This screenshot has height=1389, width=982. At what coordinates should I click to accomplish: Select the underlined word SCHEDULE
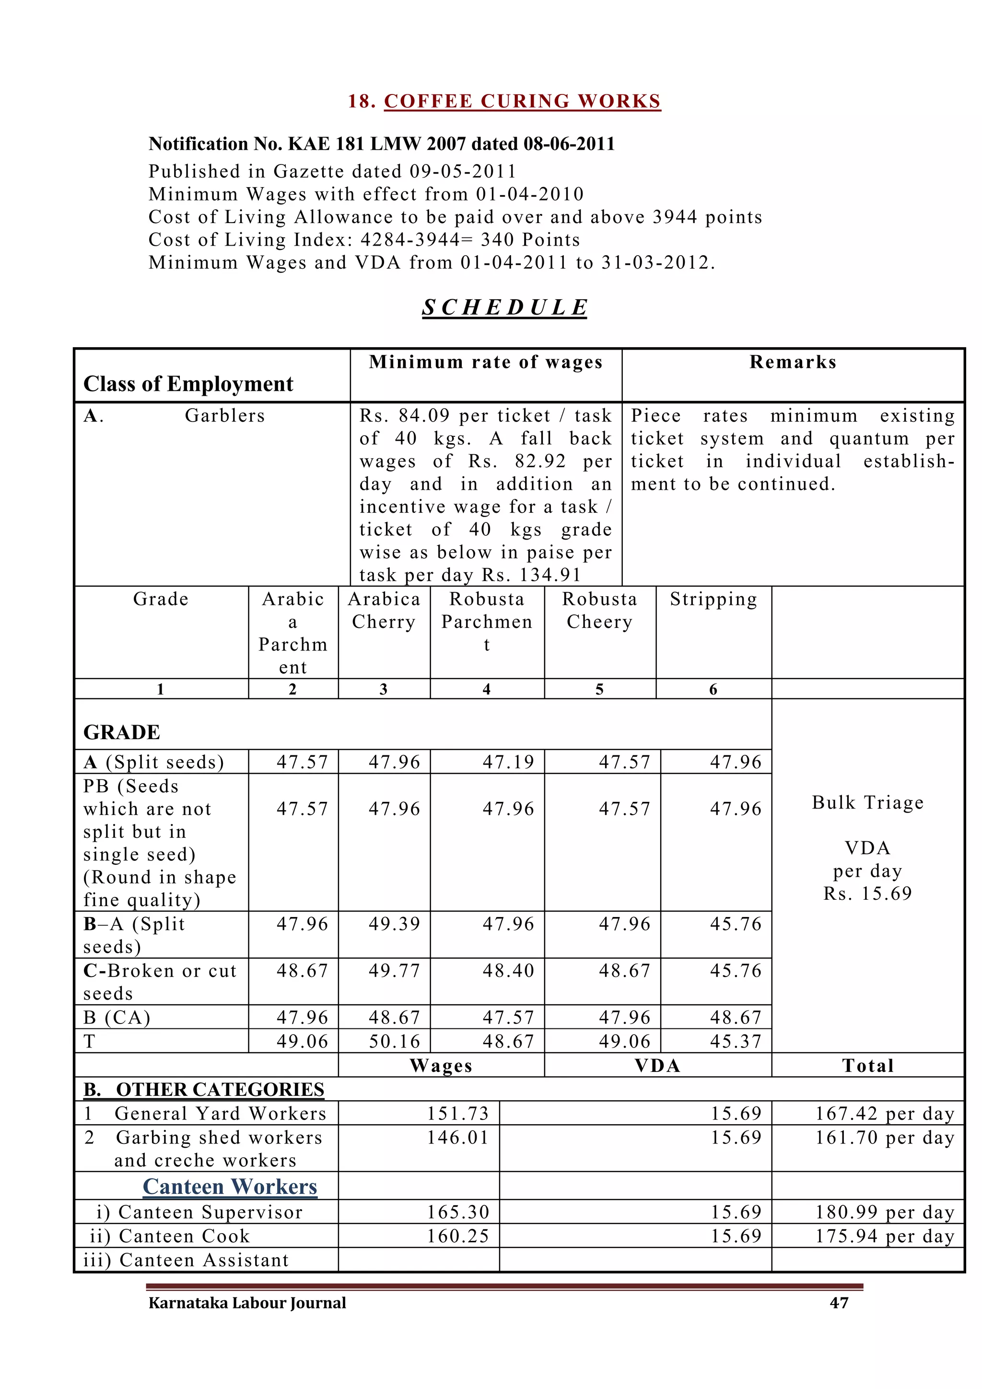504,307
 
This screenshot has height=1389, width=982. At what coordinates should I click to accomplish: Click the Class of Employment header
188,384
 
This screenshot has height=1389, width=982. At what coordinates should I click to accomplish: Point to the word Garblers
225,416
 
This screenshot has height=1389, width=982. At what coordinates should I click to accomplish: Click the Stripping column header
713,599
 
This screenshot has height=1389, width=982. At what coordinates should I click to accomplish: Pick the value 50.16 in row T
394,1041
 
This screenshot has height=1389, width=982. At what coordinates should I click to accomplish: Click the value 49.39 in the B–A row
394,924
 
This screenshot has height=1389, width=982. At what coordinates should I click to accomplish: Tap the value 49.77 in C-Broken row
394,970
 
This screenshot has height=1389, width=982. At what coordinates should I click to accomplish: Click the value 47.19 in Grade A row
508,762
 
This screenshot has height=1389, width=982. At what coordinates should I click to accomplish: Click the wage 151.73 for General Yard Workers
458,1113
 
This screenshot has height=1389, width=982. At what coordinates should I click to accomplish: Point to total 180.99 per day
884,1212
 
